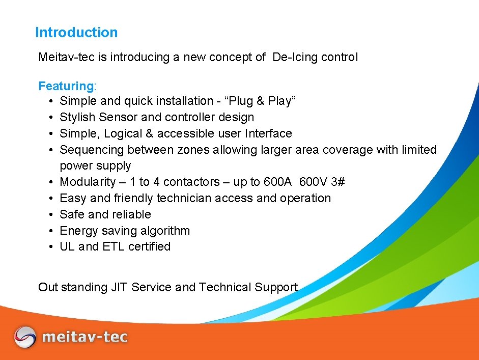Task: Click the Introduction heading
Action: tap(76, 33)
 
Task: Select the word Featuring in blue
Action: tap(64, 86)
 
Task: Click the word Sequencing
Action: tap(92, 150)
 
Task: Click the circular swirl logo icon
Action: tap(25, 337)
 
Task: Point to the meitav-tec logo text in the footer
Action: tap(85, 337)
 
